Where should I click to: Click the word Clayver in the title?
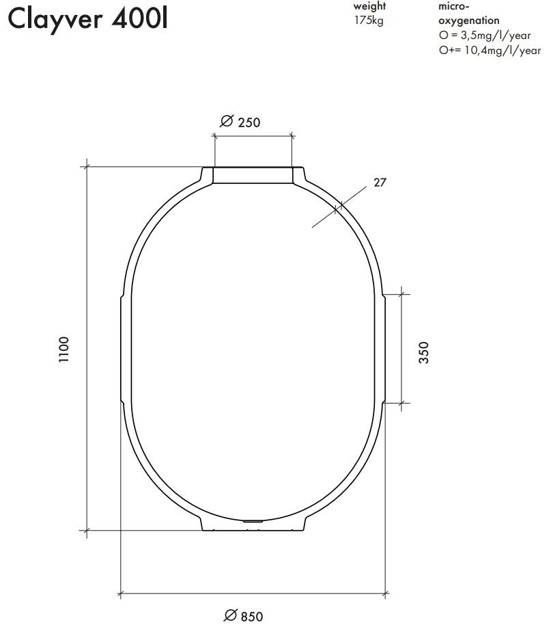pyautogui.click(x=56, y=19)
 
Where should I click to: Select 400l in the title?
pyautogui.click(x=140, y=18)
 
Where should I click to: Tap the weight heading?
pyautogui.click(x=369, y=7)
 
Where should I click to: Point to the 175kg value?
pyautogui.click(x=369, y=21)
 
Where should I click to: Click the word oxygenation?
pyautogui.click(x=469, y=21)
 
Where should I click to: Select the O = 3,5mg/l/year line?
pyautogui.click(x=485, y=36)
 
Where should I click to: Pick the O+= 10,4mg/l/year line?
pyautogui.click(x=490, y=51)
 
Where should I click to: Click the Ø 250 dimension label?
pyautogui.click(x=240, y=122)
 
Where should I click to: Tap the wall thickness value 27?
pyautogui.click(x=380, y=183)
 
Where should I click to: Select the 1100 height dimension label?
pyautogui.click(x=64, y=349)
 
